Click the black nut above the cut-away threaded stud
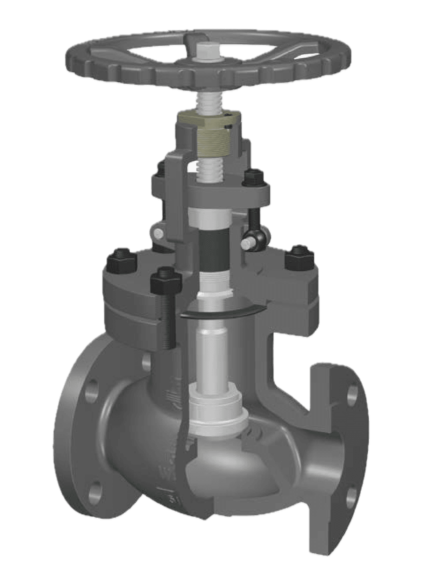click(x=164, y=280)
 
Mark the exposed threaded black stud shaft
click(x=167, y=320)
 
